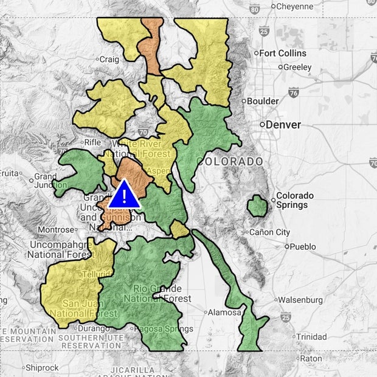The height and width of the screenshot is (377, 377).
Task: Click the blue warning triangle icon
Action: point(125,195)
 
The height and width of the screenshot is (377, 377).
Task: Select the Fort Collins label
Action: point(283,54)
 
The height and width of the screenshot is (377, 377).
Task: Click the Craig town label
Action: point(109,59)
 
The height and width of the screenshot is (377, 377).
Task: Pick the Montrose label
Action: point(55,230)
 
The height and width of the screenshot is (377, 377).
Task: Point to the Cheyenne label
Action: point(294,7)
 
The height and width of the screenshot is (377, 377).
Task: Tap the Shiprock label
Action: point(42,368)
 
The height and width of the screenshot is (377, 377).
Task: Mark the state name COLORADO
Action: point(230,162)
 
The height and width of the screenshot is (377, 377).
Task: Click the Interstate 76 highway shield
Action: point(294,92)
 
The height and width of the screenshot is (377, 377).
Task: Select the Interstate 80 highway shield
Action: point(255,9)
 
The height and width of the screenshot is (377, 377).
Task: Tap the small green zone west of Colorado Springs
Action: point(257,207)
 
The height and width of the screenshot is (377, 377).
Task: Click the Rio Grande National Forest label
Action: point(157,293)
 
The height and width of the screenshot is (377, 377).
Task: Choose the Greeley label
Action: point(297,67)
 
